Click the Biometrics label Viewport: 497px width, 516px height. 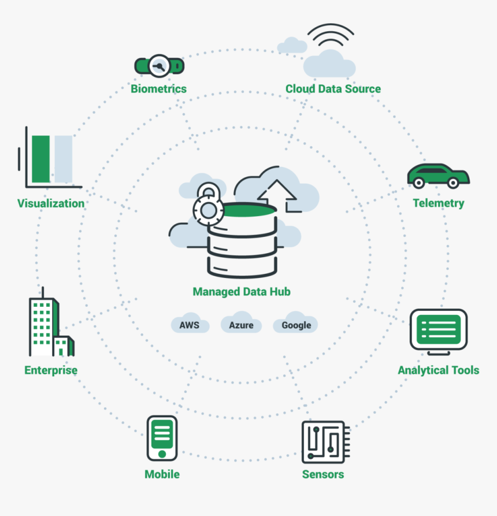click(x=158, y=89)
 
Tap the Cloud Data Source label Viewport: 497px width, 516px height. click(x=333, y=89)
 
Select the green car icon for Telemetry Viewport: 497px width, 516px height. click(x=437, y=175)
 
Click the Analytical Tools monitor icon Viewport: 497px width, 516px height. click(x=439, y=330)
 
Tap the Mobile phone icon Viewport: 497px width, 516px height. click(x=162, y=437)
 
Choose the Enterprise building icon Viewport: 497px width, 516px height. click(x=49, y=328)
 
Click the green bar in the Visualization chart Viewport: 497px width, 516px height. click(x=41, y=158)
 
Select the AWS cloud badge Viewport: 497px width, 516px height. click(x=189, y=325)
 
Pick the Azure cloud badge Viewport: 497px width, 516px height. click(x=241, y=325)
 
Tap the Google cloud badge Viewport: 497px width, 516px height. click(x=296, y=325)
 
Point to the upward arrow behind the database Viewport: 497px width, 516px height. click(x=277, y=194)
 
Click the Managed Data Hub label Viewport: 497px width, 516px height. click(x=242, y=292)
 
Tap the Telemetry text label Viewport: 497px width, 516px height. click(x=438, y=203)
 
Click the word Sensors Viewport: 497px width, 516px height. click(x=323, y=474)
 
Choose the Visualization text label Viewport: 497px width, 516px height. click(x=51, y=203)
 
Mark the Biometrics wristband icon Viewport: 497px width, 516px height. click(x=159, y=65)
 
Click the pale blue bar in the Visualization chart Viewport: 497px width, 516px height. click(x=63, y=158)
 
